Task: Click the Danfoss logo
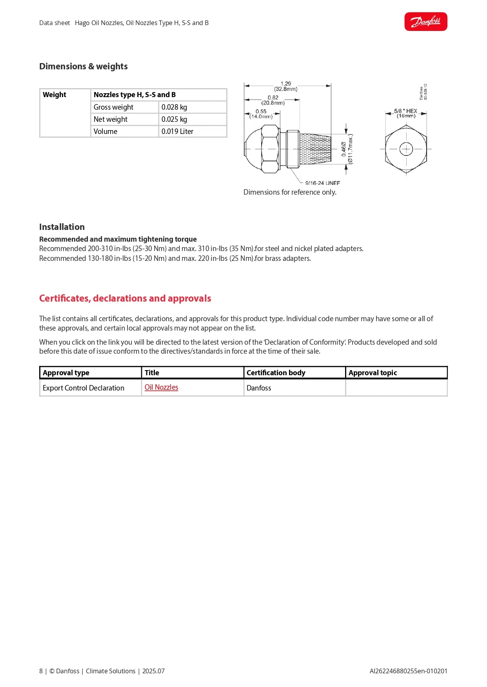[425, 22]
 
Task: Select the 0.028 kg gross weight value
[174, 107]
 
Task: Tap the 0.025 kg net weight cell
[174, 119]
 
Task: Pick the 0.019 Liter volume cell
[177, 132]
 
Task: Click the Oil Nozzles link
[161, 387]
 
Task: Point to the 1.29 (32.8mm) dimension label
[286, 86]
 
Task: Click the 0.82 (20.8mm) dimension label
[273, 100]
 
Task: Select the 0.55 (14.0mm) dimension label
[261, 114]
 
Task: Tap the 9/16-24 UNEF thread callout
[322, 183]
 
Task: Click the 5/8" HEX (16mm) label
[406, 113]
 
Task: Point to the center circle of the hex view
[406, 149]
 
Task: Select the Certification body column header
[276, 373]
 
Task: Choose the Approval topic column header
[373, 373]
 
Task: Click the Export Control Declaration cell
[84, 388]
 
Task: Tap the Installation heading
[62, 227]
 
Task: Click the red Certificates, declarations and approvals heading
[125, 298]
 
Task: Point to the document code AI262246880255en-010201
[408, 671]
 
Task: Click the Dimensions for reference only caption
[290, 192]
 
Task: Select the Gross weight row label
[113, 107]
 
